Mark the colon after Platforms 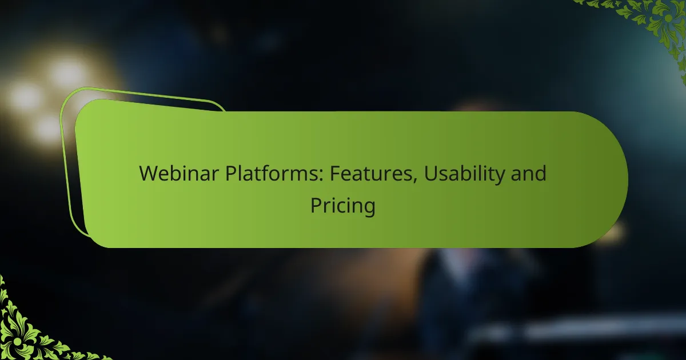point(321,175)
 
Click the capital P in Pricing point(316,205)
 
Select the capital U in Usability point(430,174)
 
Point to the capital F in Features point(335,173)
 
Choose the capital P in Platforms point(231,173)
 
